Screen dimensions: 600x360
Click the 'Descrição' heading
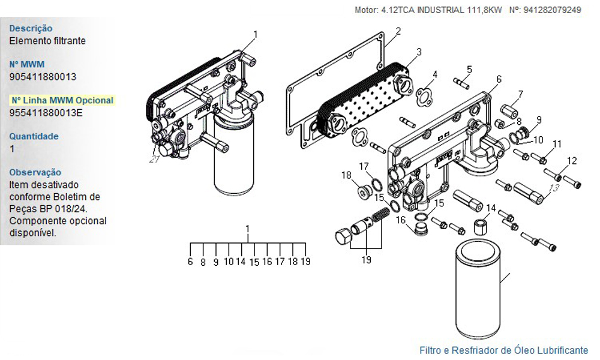[x=31, y=28]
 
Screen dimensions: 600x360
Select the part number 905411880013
[x=43, y=77]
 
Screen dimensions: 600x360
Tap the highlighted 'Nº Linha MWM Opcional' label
[x=62, y=100]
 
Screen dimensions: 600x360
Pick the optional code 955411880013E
[x=46, y=113]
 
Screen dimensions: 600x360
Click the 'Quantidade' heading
[x=34, y=136]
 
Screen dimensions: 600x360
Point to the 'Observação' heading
[x=35, y=172]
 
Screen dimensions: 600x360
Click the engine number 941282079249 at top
[x=552, y=10]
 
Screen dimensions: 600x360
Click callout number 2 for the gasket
[x=398, y=31]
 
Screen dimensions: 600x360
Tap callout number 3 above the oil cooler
[x=419, y=51]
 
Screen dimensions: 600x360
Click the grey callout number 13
[x=554, y=187]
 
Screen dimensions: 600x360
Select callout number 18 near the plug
[x=346, y=175]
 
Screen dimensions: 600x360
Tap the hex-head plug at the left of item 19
[x=343, y=236]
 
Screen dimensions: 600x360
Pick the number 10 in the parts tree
[x=229, y=262]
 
